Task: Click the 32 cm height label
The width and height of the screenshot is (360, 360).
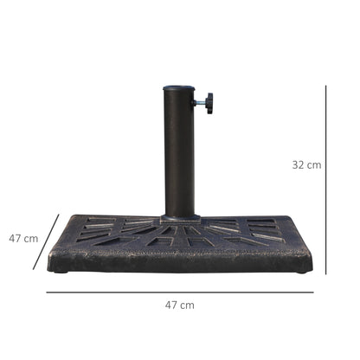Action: pyautogui.click(x=306, y=164)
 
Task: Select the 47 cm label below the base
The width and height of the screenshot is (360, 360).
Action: pyautogui.click(x=180, y=305)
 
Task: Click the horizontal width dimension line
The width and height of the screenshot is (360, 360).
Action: pyautogui.click(x=180, y=292)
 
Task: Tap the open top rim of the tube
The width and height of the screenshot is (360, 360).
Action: pyautogui.click(x=180, y=88)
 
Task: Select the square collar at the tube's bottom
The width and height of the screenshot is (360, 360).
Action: pyautogui.click(x=180, y=218)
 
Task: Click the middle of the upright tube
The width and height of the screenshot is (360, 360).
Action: pyautogui.click(x=180, y=151)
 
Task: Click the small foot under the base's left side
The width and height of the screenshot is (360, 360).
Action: pyautogui.click(x=61, y=272)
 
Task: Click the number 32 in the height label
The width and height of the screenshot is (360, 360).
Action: pyautogui.click(x=299, y=164)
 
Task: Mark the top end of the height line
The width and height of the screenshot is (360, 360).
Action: pyautogui.click(x=326, y=85)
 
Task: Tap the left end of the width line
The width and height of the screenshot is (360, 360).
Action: pyautogui.click(x=47, y=292)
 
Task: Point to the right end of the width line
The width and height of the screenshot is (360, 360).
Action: pyautogui.click(x=313, y=292)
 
